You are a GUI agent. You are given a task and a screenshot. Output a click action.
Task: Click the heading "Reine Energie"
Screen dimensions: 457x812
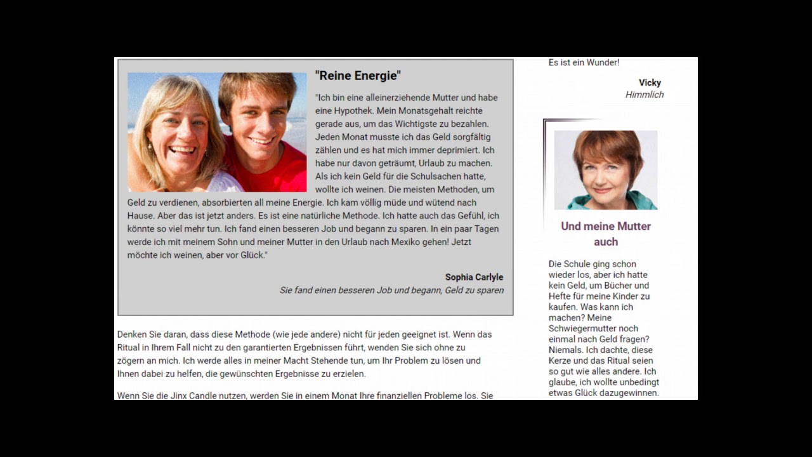(x=358, y=76)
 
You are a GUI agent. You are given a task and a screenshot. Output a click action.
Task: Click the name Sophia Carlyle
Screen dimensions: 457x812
(x=474, y=277)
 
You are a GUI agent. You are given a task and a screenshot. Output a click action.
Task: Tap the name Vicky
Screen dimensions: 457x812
(x=650, y=83)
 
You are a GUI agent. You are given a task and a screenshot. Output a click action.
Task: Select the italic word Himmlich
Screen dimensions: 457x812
(x=645, y=95)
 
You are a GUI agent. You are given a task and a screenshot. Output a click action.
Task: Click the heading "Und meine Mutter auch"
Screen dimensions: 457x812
(x=606, y=234)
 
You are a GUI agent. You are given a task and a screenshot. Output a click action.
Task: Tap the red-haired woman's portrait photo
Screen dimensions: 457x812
(x=605, y=169)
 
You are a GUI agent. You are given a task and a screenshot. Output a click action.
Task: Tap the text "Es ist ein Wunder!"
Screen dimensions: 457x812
(x=584, y=62)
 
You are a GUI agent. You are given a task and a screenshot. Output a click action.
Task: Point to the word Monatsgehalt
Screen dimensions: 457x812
(x=425, y=110)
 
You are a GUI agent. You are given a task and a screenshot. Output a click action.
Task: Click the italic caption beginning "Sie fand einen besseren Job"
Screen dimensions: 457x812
(x=391, y=290)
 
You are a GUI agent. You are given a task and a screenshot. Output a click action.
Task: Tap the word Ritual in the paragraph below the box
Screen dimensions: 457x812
(x=131, y=347)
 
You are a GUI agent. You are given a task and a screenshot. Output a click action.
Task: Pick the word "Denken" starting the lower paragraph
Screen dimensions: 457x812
(x=132, y=334)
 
